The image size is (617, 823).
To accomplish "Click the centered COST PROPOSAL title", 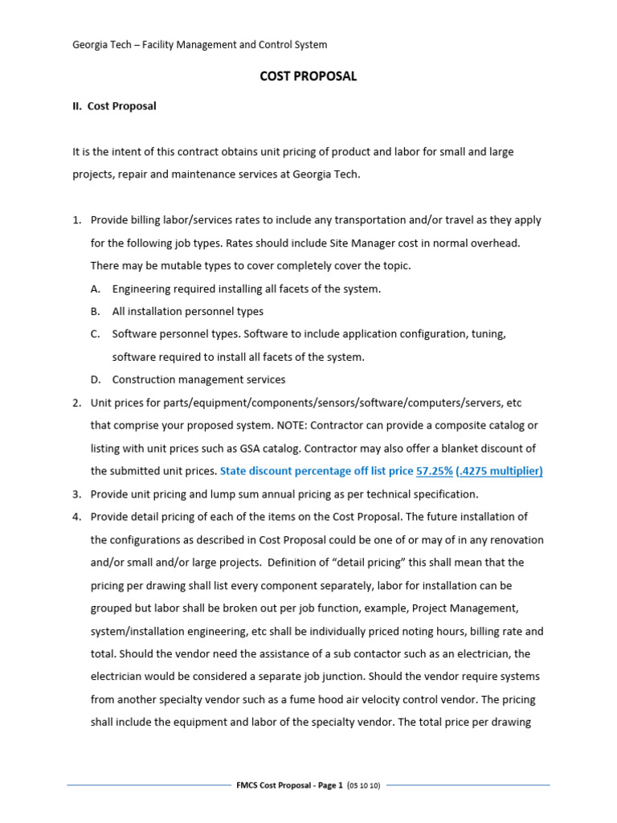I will click(308, 76).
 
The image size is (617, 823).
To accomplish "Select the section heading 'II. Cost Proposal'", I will click(114, 106).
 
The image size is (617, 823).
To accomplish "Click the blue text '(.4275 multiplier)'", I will click(499, 471).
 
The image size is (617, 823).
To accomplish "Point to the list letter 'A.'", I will click(96, 289).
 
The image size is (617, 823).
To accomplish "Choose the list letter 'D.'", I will click(96, 379).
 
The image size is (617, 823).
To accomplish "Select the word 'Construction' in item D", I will click(143, 379).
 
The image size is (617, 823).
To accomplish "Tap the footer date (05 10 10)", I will click(366, 784).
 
